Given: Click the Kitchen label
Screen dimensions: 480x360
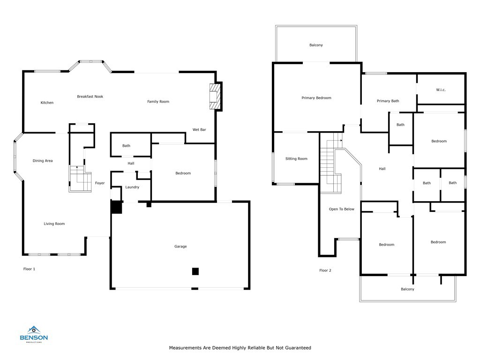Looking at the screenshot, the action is click(47, 103).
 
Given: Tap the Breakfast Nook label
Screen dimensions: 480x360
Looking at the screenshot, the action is click(90, 97).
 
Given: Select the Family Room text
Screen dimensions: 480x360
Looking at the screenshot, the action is click(158, 102).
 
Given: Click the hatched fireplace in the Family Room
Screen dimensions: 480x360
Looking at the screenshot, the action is click(215, 97).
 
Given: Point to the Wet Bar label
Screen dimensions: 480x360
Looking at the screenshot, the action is click(199, 129).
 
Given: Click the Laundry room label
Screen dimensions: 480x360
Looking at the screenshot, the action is click(132, 187).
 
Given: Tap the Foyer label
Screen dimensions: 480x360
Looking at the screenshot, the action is click(100, 183).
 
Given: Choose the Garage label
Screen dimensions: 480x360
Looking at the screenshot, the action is click(180, 247).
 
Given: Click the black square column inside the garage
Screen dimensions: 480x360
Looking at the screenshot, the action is click(195, 271).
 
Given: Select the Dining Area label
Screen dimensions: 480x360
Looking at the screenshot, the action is click(43, 161).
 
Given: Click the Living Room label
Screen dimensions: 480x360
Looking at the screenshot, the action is click(54, 224).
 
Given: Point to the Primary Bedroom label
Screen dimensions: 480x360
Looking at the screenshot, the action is click(316, 98).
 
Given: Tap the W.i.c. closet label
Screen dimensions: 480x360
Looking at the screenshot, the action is click(441, 90).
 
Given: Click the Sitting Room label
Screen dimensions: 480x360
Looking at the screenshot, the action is click(296, 158).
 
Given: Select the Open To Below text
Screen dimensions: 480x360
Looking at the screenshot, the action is click(342, 209).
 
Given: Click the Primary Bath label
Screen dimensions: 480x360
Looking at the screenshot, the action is click(388, 101).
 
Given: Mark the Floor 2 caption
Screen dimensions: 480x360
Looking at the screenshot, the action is click(325, 270).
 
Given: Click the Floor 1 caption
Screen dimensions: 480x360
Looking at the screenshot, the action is click(29, 269).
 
